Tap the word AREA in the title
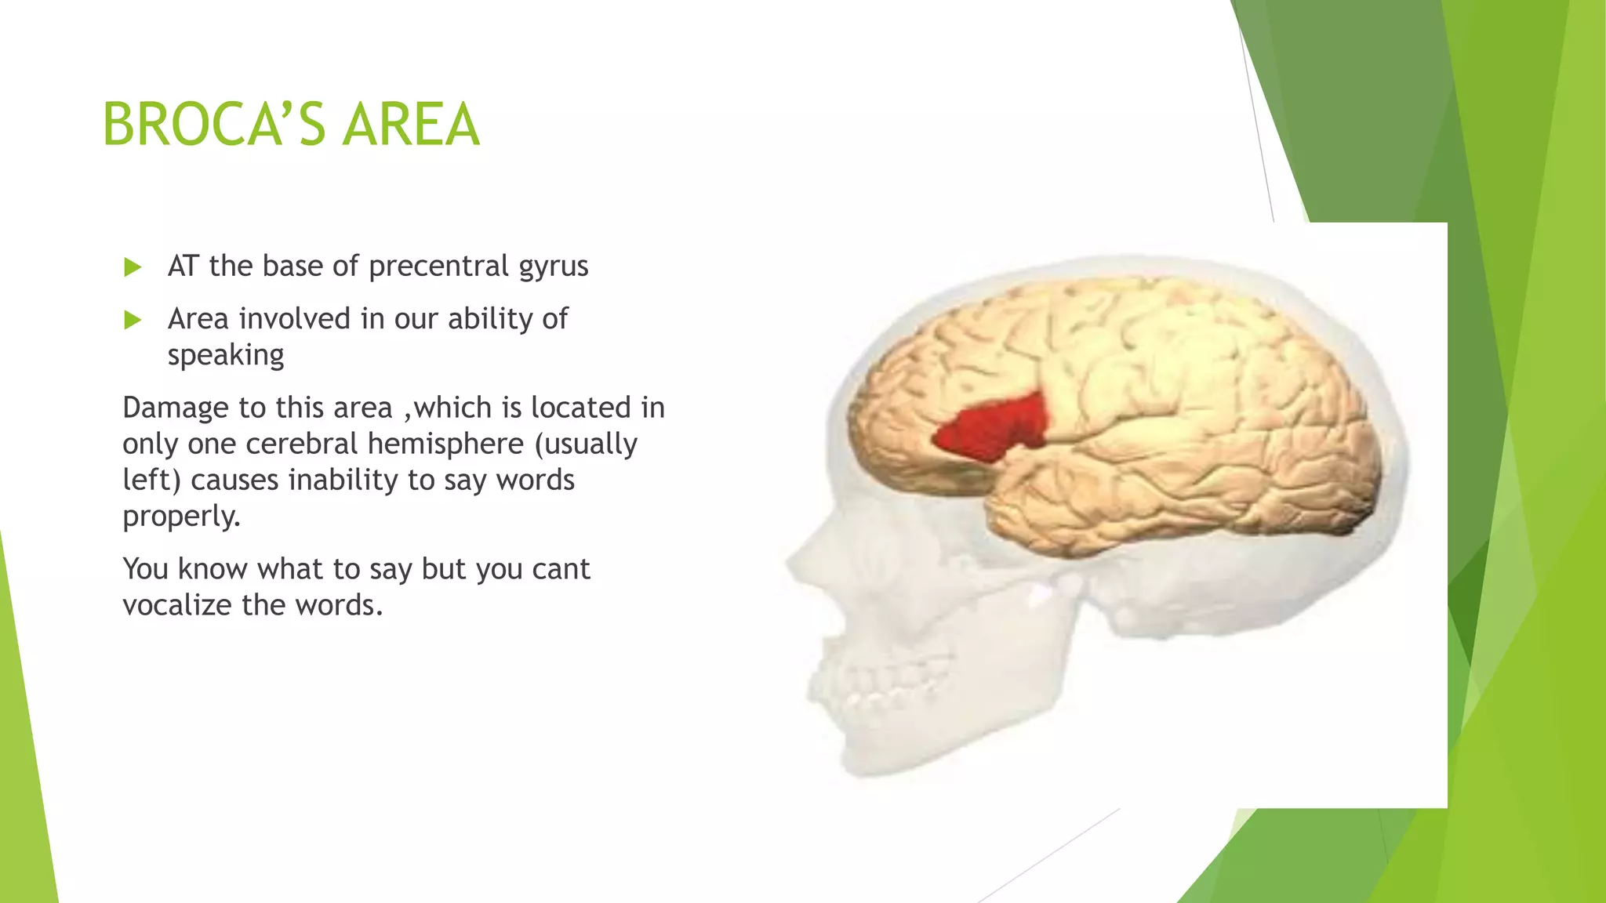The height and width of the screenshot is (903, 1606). point(411,125)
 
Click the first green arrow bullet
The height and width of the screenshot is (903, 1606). point(133,267)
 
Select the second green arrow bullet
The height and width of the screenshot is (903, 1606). point(133,320)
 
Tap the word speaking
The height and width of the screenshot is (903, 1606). point(226,355)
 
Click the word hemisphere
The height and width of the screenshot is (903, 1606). point(445,444)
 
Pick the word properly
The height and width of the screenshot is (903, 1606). point(181,517)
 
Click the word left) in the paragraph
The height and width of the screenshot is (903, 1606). point(151,480)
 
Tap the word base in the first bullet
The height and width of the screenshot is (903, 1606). point(287,267)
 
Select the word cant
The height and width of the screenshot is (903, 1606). point(560,569)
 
